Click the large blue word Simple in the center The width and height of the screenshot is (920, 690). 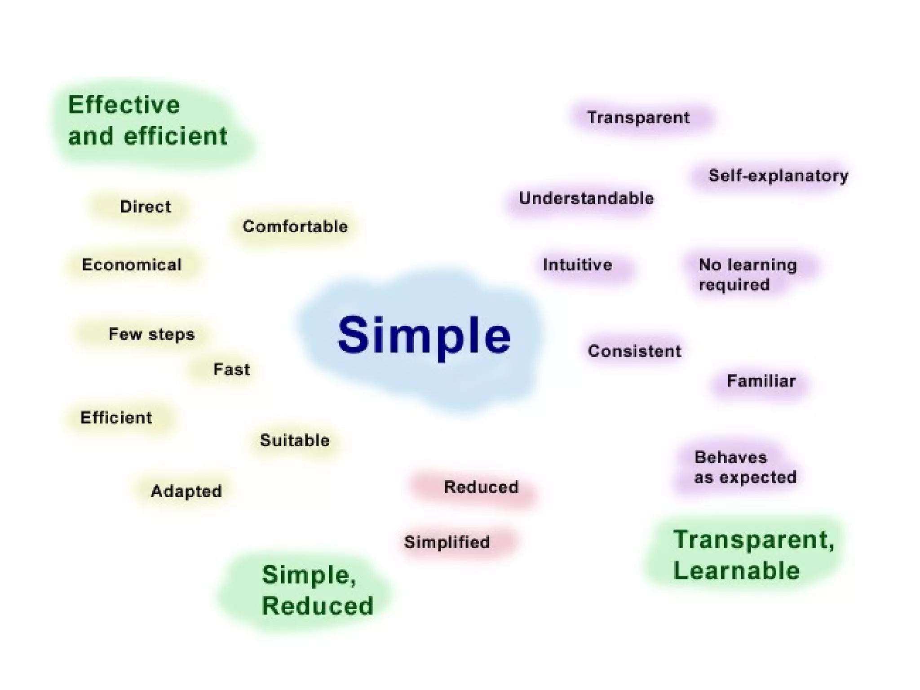tap(424, 336)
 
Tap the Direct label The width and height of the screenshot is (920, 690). tap(145, 207)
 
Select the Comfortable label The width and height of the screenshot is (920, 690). tap(295, 226)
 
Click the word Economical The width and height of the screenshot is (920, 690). tap(131, 265)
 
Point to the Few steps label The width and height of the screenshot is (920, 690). tap(151, 334)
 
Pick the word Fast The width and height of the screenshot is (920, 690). tap(231, 370)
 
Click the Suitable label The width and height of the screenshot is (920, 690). tap(295, 440)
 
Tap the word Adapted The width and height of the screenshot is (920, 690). tap(186, 491)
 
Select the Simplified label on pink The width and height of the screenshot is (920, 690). tap(447, 542)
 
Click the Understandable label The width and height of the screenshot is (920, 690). tap(586, 199)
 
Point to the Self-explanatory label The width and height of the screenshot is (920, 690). tap(778, 176)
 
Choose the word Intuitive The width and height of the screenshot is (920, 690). tap(577, 265)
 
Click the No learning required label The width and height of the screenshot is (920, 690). tap(747, 274)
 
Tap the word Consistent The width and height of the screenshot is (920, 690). tap(634, 351)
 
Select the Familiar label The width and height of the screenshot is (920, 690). tap(761, 381)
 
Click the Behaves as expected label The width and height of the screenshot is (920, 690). tap(745, 467)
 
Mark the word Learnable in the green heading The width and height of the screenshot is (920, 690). tap(736, 571)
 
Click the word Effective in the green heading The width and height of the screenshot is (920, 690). tap(124, 105)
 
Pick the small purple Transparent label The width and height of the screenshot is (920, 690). tap(638, 118)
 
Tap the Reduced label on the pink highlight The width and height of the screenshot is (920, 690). tap(481, 487)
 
